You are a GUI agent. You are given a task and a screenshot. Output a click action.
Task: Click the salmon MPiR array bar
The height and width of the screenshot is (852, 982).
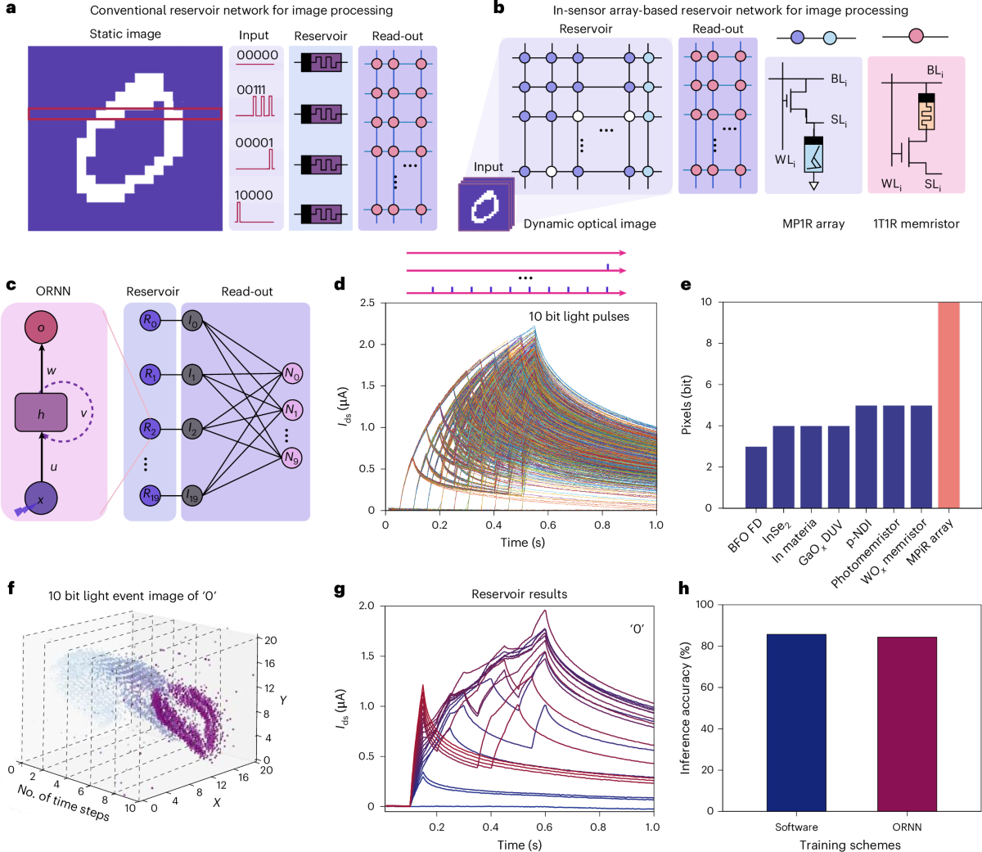click(x=948, y=406)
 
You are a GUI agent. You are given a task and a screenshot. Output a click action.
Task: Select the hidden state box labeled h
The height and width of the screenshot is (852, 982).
click(x=41, y=413)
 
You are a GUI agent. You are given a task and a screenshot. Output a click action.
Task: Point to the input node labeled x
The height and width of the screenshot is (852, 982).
click(x=41, y=498)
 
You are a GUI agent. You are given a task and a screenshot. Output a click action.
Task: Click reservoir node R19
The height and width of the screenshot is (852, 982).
click(x=151, y=494)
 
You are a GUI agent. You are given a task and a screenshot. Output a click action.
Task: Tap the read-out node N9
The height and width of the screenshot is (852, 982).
click(x=292, y=458)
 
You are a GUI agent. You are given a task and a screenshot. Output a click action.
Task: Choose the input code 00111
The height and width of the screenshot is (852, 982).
click(x=250, y=90)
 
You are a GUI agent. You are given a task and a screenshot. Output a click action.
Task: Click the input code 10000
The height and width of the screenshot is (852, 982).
click(x=255, y=195)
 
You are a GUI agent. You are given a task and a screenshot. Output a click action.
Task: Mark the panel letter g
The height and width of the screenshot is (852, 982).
click(x=340, y=588)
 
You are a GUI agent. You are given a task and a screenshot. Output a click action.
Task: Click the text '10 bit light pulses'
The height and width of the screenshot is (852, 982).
click(x=579, y=317)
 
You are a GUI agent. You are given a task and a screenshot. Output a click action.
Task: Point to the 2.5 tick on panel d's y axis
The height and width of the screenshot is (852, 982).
click(x=367, y=303)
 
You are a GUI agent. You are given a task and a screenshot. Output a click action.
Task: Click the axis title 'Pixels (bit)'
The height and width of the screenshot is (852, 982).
click(x=687, y=405)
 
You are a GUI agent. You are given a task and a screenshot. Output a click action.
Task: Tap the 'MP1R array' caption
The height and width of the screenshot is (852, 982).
click(x=813, y=223)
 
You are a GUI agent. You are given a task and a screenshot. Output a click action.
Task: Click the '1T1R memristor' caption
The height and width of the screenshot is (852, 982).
click(x=916, y=223)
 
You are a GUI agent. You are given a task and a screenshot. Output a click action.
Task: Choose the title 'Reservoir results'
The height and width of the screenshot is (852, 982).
click(x=519, y=594)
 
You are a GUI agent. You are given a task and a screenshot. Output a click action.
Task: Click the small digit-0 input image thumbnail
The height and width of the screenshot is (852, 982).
click(x=484, y=207)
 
